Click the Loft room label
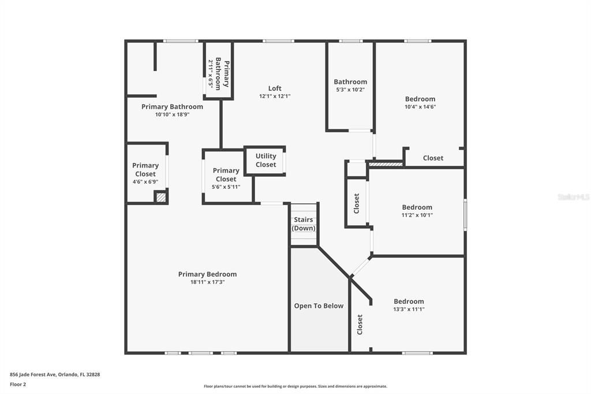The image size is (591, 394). (x=275, y=88)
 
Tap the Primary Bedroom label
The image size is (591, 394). (x=207, y=274)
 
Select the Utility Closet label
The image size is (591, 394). (x=265, y=160)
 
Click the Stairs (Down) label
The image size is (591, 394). (x=304, y=224)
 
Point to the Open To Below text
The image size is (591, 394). (x=319, y=306)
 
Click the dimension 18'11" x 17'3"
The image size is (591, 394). (x=207, y=282)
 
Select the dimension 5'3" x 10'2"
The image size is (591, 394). (x=350, y=90)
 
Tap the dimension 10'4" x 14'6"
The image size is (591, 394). (x=420, y=106)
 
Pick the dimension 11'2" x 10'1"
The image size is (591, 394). (x=417, y=215)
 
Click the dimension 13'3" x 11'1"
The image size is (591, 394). (x=409, y=309)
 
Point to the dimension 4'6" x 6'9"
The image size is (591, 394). (x=145, y=181)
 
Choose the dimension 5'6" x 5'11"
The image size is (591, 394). (x=226, y=187)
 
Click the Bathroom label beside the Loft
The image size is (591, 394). (x=350, y=82)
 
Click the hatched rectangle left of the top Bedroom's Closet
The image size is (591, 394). (x=386, y=165)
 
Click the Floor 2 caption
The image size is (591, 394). (x=18, y=384)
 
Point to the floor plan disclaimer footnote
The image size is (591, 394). (x=295, y=386)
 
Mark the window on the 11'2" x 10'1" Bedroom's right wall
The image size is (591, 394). (x=465, y=215)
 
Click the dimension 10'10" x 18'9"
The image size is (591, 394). (x=172, y=114)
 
